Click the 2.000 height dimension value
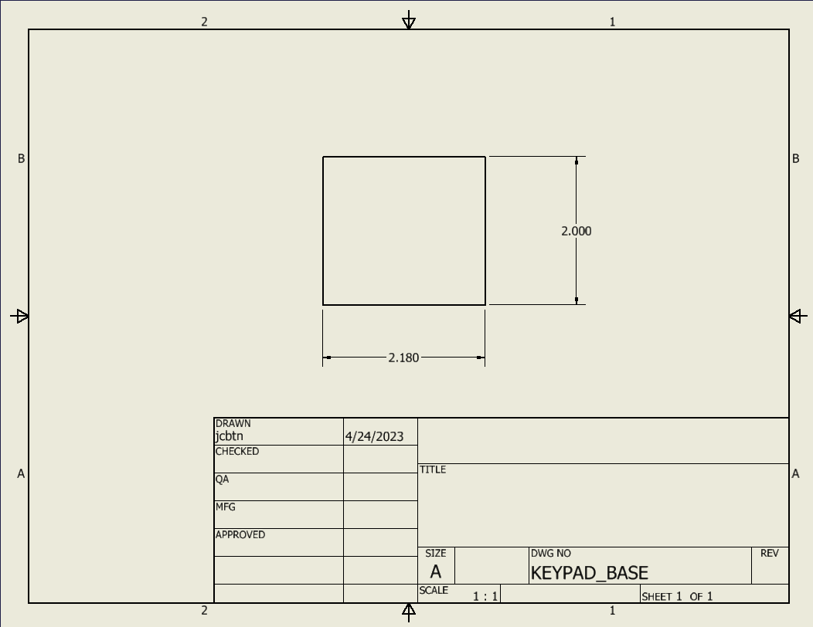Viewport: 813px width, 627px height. click(577, 231)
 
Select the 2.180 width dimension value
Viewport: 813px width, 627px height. click(403, 358)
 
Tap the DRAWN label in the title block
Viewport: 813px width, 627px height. click(233, 423)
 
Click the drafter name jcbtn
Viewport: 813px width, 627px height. click(229, 436)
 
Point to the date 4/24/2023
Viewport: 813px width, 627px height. click(374, 436)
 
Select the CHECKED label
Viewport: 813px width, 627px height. click(237, 451)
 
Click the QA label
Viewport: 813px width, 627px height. click(222, 479)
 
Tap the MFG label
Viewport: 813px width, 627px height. click(225, 507)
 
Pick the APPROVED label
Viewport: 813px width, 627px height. click(240, 534)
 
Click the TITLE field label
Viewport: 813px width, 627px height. click(433, 469)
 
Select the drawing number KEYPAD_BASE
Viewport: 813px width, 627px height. click(589, 573)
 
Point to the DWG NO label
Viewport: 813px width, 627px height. click(550, 553)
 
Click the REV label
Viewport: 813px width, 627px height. click(770, 553)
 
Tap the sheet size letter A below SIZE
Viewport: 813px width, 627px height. click(436, 572)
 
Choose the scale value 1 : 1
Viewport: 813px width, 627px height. click(485, 596)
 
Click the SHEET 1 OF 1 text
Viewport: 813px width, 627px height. click(677, 596)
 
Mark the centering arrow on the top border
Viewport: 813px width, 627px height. click(409, 22)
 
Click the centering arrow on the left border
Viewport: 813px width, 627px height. click(20, 316)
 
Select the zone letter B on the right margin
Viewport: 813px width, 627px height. click(795, 158)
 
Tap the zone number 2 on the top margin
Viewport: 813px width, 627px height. click(204, 22)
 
